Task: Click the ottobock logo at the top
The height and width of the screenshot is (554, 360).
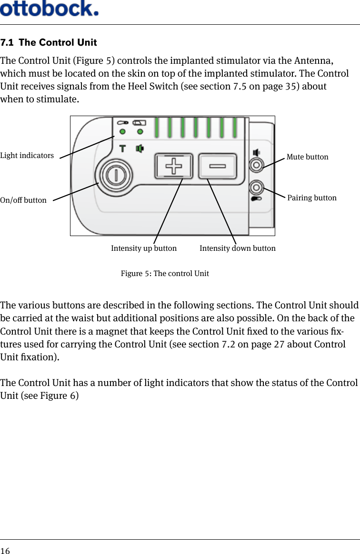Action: [x=50, y=8]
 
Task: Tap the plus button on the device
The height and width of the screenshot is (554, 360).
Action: [x=173, y=167]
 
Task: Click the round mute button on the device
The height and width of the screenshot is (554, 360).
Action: [x=257, y=165]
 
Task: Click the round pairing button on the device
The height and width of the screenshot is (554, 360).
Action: [x=257, y=187]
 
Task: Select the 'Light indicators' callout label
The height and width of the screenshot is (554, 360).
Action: [x=27, y=156]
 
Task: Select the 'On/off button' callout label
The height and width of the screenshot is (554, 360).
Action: [x=23, y=200]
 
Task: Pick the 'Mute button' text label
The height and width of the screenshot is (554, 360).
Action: [x=307, y=157]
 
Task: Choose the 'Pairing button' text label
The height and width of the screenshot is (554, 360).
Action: [x=312, y=198]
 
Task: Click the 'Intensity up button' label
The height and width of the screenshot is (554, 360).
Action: [x=144, y=248]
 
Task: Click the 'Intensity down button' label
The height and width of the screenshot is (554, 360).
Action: [x=237, y=248]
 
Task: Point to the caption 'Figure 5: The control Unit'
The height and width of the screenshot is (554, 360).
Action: [x=165, y=274]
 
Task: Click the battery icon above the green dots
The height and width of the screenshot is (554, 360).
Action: [x=140, y=122]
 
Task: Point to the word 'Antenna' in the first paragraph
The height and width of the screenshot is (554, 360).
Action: [x=313, y=61]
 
